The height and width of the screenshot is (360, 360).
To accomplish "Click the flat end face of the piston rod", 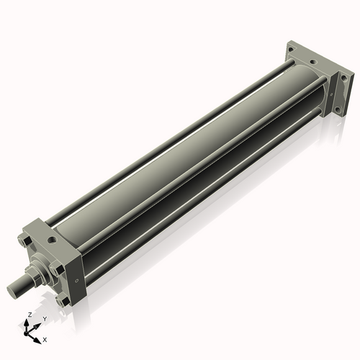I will coord(12,290).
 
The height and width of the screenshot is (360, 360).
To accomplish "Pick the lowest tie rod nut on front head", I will coord(64,302).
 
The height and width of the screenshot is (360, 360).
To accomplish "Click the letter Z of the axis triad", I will coord(29,315).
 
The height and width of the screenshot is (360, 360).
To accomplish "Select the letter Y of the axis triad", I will coord(45,318).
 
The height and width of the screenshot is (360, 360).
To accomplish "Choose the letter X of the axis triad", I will coord(45,338).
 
